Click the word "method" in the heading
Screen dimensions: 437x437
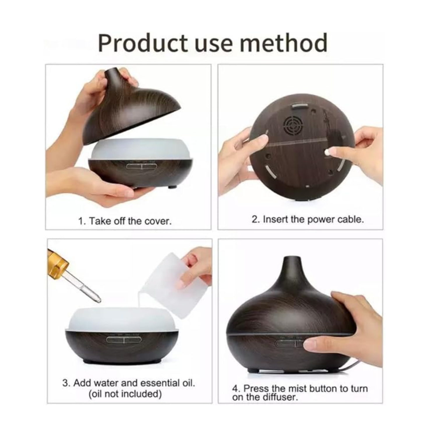click(283, 43)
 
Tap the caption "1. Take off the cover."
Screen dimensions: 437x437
click(125, 221)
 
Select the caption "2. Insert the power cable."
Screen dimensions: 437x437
click(308, 219)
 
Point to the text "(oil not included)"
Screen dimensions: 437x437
click(125, 394)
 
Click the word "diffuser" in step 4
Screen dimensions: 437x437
click(281, 397)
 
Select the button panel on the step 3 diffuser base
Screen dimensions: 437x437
click(124, 339)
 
